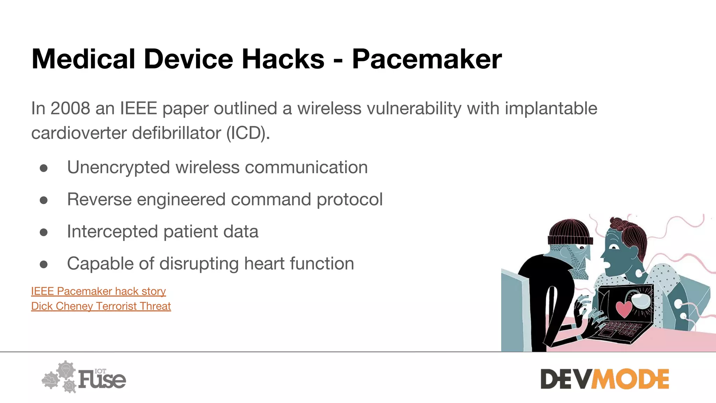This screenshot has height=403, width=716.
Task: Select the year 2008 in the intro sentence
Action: point(70,108)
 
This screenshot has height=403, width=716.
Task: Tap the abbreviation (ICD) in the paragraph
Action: point(248,133)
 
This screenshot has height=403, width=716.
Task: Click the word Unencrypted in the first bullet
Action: point(119,167)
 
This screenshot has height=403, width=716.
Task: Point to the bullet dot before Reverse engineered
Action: point(44,200)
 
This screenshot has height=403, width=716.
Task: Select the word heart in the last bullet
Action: point(264,263)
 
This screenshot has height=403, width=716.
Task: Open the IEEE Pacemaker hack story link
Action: point(98,291)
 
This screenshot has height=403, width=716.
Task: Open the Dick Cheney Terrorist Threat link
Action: point(101,306)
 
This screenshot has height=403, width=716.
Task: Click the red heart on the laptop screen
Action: point(623,308)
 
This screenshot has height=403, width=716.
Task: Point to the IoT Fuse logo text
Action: point(102,379)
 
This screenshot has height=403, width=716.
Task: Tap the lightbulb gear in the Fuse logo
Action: point(66,369)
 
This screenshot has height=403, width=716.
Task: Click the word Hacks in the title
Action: point(283,59)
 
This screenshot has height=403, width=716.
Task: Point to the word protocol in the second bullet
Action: point(349,199)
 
